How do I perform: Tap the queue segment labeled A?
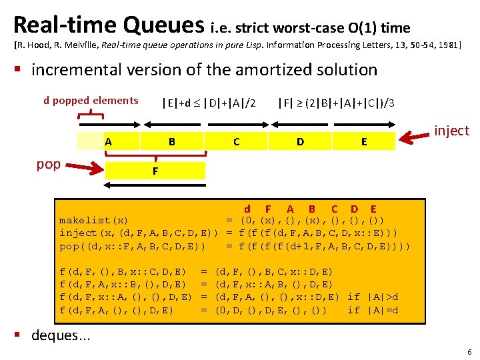108,141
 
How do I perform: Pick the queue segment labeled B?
172,141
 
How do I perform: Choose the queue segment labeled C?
236,141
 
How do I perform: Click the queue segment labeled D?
300,141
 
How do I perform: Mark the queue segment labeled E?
363,141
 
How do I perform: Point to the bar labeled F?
155,171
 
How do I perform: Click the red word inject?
451,131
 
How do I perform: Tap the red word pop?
49,164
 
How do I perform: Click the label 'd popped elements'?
91,101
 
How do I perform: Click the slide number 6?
469,351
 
